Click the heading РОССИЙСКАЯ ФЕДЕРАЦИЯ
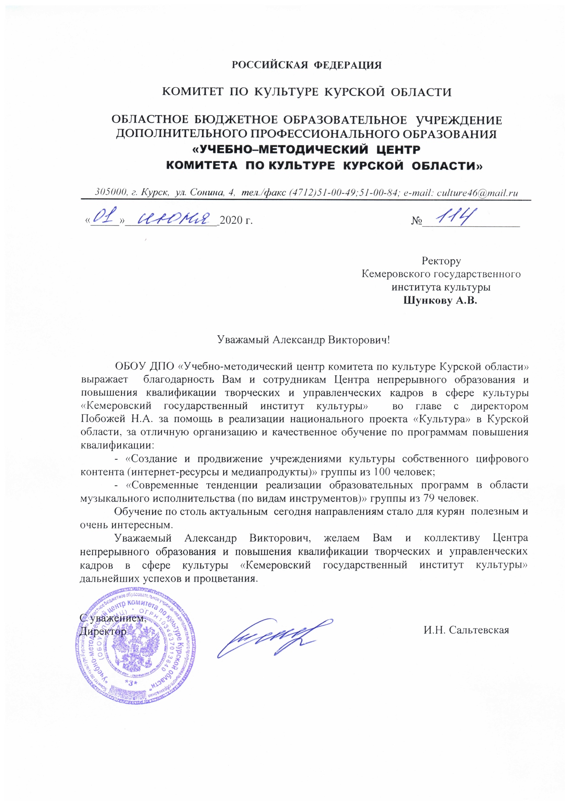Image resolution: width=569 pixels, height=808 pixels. coord(307,65)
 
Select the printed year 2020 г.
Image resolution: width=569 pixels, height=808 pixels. coord(236,220)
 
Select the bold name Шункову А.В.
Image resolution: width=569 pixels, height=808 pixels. coord(441,301)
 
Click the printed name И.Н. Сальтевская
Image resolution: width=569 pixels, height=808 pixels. coord(466,630)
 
